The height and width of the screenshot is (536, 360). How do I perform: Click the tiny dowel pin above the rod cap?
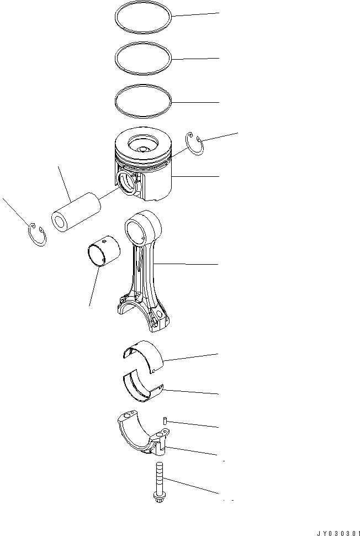coord(165,421)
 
